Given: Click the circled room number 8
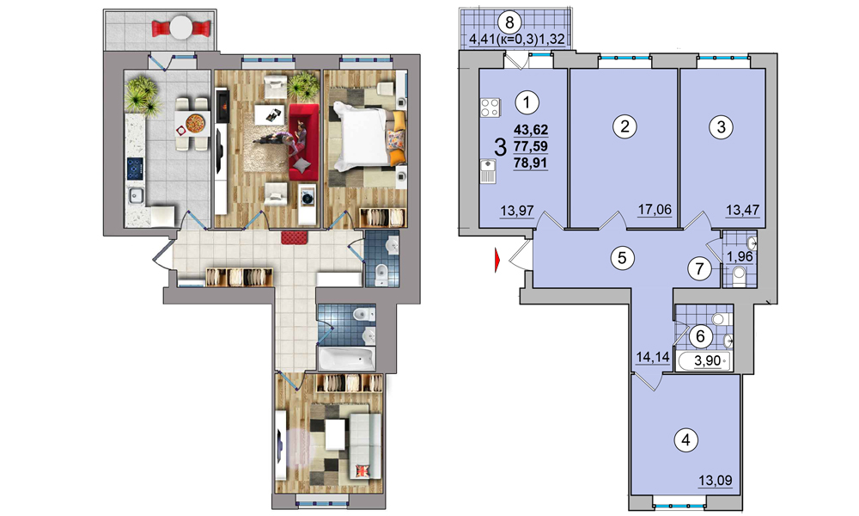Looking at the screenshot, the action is click(509, 23).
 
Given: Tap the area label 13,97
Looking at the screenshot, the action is click(517, 210).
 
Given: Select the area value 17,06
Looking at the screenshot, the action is click(655, 209).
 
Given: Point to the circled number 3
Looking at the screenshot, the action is click(721, 127).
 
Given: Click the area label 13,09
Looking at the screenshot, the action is click(716, 481).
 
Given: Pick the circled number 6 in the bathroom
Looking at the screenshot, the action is click(700, 335).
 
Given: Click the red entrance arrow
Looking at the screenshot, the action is click(497, 260).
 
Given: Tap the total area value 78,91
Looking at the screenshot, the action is click(531, 163).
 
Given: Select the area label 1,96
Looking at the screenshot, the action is click(740, 256).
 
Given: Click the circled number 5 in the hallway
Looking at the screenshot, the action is click(622, 257).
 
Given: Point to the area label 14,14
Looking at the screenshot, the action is click(653, 358).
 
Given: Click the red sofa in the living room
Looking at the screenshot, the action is click(303, 142).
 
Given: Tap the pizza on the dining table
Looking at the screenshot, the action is click(195, 122).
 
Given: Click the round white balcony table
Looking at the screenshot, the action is click(180, 27).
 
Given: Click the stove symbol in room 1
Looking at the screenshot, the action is click(490, 107).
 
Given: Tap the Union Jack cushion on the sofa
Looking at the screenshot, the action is click(363, 470).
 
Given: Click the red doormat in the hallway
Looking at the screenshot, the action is click(295, 238).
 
